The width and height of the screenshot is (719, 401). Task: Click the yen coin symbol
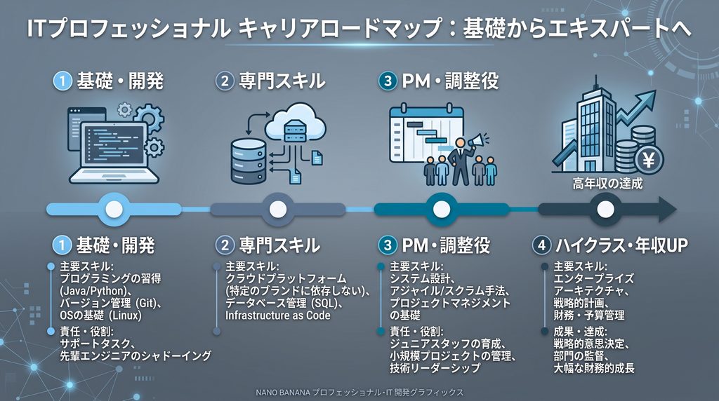649,160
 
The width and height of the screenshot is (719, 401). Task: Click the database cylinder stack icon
248,161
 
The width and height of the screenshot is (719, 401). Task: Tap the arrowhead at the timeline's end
668,210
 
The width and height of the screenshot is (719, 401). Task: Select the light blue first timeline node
114,210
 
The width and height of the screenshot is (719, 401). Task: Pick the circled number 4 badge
541,245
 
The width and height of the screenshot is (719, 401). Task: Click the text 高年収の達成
607,184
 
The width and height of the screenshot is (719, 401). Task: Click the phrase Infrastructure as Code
277,315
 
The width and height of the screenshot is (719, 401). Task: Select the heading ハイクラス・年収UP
622,245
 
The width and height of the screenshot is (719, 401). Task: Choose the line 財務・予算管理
589,315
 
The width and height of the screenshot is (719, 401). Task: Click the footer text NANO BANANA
283,393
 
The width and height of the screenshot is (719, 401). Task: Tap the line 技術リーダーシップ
435,367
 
